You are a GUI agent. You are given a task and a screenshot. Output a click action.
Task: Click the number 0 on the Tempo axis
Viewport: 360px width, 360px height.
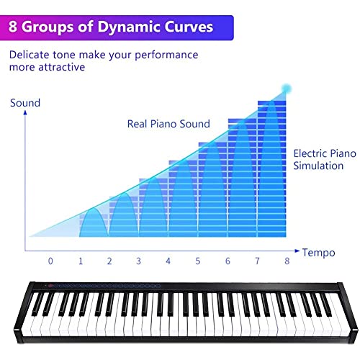pyautogui.click(x=50, y=261)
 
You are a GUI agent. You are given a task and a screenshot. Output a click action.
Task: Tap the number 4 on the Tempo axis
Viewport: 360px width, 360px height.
pyautogui.click(x=168, y=261)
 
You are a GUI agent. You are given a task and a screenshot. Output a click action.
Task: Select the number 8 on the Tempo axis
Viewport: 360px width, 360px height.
pyautogui.click(x=287, y=261)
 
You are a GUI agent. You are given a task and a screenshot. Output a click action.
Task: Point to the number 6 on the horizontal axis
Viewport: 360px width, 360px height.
pyautogui.click(x=228, y=261)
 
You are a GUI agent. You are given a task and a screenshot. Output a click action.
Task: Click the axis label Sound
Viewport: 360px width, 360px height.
pyautogui.click(x=25, y=103)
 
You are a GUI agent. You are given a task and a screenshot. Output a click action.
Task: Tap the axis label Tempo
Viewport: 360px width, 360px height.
pyautogui.click(x=318, y=253)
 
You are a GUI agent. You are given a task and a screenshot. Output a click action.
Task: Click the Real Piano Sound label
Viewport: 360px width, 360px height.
pyautogui.click(x=168, y=124)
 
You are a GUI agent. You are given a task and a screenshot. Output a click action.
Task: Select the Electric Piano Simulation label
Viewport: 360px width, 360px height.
pyautogui.click(x=325, y=160)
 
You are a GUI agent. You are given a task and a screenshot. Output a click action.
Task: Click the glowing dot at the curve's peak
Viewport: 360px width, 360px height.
pyautogui.click(x=286, y=89)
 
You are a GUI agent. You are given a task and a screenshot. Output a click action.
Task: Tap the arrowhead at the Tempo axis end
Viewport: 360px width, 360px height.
pyautogui.click(x=297, y=251)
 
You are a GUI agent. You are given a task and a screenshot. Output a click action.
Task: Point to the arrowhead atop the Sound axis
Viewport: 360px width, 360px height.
pyautogui.click(x=25, y=112)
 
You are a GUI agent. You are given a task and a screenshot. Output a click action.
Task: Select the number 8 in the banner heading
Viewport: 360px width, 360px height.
pyautogui.click(x=13, y=27)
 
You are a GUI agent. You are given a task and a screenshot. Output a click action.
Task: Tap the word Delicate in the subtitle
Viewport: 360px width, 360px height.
pyautogui.click(x=29, y=55)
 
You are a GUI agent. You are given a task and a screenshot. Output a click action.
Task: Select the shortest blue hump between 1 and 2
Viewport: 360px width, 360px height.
pyautogui.click(x=94, y=222)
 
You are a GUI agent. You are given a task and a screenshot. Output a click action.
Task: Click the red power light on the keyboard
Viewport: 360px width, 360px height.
pyautogui.click(x=50, y=286)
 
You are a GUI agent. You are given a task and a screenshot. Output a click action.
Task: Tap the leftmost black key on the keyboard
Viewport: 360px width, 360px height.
pyautogui.click(x=37, y=304)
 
